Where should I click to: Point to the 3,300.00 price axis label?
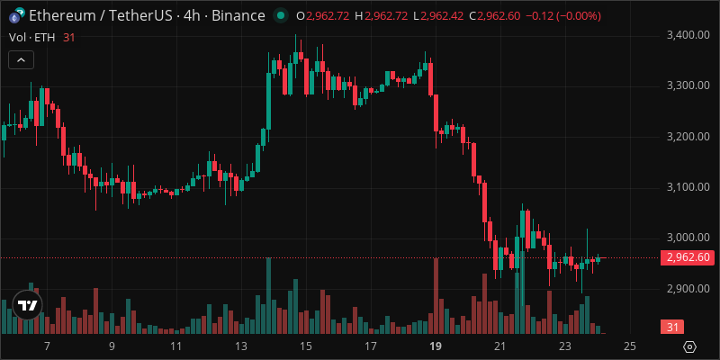click(688, 85)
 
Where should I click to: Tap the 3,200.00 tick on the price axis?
click(688, 137)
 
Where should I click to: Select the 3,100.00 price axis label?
click(688, 187)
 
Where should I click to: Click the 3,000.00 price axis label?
click(688, 238)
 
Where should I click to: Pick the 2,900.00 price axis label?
click(688, 289)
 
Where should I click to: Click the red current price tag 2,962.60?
click(688, 258)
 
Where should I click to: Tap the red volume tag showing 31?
click(671, 327)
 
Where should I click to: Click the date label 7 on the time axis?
click(46, 346)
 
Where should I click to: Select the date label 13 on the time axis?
click(240, 346)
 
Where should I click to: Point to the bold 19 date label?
click(435, 346)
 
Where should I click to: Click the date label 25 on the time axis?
click(630, 346)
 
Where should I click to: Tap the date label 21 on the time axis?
click(500, 346)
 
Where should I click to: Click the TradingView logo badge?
click(27, 306)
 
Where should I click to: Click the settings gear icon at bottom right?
click(690, 346)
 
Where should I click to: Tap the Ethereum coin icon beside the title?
click(15, 16)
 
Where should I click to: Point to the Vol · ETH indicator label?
click(31, 36)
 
